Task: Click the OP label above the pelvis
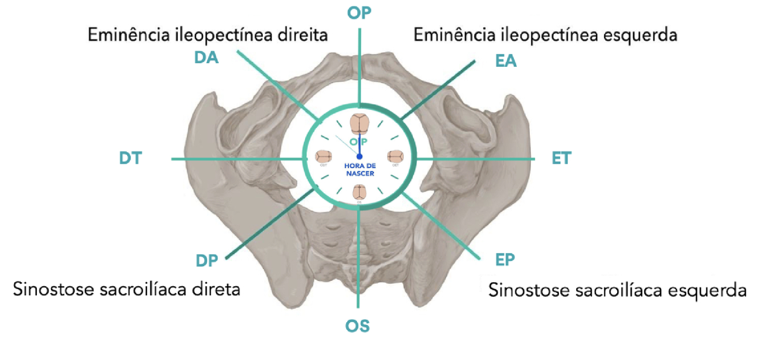point(359,13)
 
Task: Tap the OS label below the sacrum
point(358,325)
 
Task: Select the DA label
point(206,58)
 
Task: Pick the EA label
point(506,60)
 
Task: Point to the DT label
point(130,158)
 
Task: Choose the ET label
point(561,158)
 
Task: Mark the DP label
point(207,260)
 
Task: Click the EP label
point(505,259)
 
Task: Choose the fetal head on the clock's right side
point(395,157)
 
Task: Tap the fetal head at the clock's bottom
point(359,193)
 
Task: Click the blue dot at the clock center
point(359,156)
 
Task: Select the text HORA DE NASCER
point(359,170)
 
